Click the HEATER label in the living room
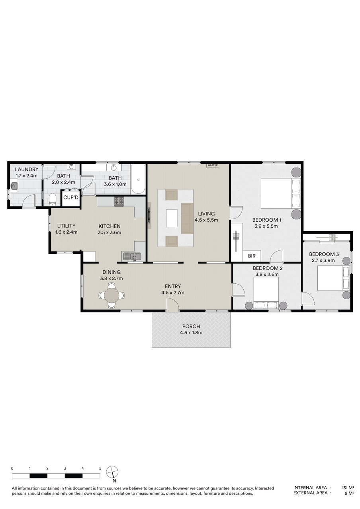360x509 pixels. point(213,166)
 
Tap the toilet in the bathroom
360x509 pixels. point(53,199)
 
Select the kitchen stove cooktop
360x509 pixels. point(119,201)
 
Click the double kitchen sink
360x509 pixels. point(132,257)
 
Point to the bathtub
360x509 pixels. point(138,179)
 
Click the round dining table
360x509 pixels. point(112,295)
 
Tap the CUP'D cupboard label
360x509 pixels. point(71,197)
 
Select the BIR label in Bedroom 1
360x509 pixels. point(252,256)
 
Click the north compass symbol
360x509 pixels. point(112,472)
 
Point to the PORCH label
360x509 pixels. point(191,326)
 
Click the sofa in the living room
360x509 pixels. point(187,218)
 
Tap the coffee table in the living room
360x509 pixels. point(172,218)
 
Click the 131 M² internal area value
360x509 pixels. point(348,488)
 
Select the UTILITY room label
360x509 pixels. point(66,226)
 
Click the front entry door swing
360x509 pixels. point(172,305)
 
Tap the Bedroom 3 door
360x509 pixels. point(308,299)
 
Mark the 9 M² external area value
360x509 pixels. point(350,493)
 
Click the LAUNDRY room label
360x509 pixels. point(27,169)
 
